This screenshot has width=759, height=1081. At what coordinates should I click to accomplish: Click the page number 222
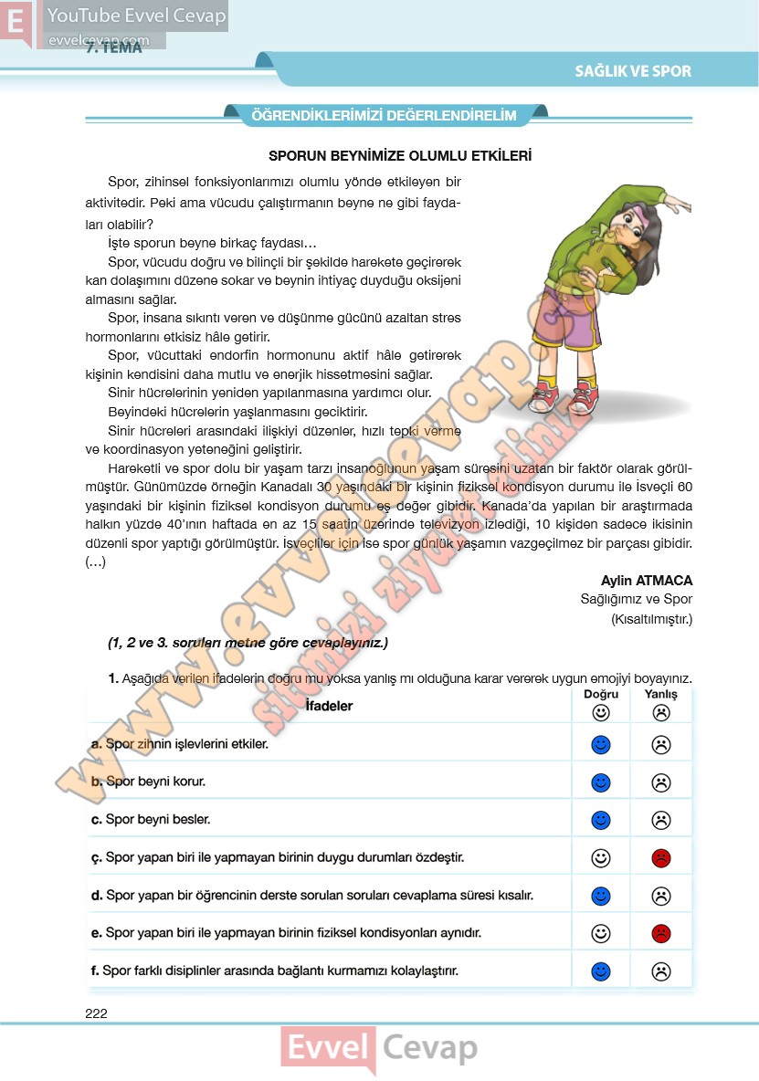[96, 1013]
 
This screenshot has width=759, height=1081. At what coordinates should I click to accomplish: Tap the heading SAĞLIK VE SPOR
[633, 71]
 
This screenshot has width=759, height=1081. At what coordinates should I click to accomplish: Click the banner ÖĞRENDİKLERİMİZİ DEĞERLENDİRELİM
[384, 116]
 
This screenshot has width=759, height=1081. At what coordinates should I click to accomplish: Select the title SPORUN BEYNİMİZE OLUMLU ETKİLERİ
[400, 156]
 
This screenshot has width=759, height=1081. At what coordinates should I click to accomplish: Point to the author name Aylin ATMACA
[647, 581]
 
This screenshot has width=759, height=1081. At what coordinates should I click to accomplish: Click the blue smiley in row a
[600, 745]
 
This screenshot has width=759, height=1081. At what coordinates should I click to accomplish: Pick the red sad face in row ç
[661, 858]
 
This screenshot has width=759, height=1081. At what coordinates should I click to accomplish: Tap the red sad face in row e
[661, 933]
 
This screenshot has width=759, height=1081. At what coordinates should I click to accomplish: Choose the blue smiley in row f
[600, 971]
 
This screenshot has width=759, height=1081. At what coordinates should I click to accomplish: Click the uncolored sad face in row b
[661, 782]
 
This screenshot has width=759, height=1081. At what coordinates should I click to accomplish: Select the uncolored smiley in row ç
[600, 858]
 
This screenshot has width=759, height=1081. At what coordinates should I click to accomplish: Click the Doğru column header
[600, 694]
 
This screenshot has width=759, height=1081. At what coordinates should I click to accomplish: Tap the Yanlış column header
[661, 694]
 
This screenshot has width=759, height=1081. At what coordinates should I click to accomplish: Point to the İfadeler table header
[329, 706]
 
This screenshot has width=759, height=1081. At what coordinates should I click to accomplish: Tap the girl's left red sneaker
[543, 397]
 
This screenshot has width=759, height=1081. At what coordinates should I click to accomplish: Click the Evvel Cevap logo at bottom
[379, 1048]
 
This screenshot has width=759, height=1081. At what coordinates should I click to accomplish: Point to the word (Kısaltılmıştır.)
[651, 620]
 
